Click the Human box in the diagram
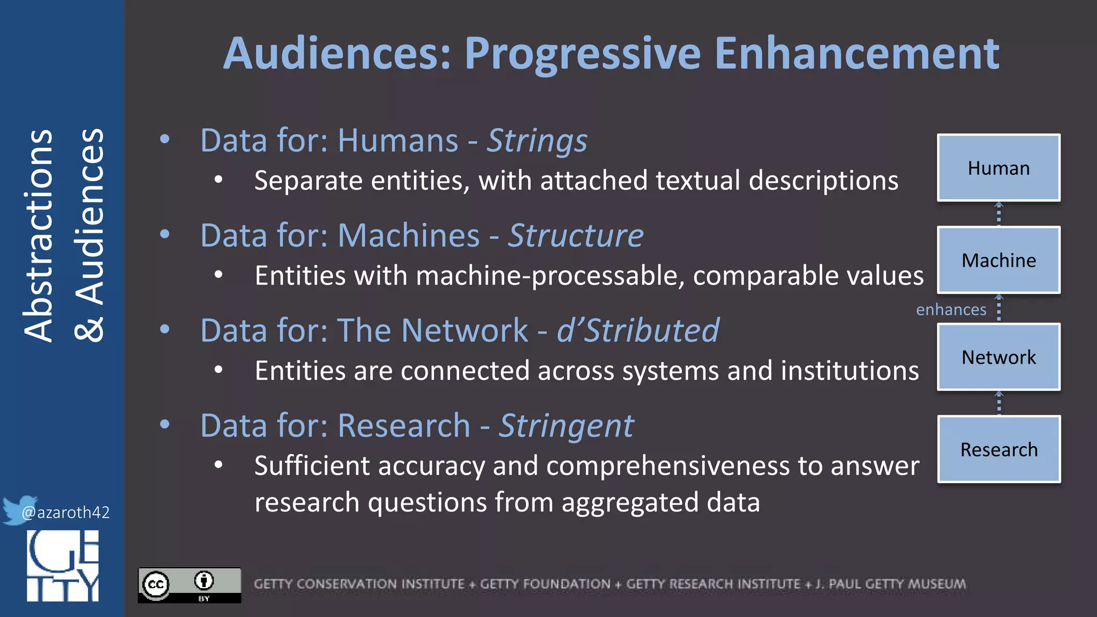pyautogui.click(x=998, y=168)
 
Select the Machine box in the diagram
pyautogui.click(x=998, y=260)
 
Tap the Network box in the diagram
pyautogui.click(x=998, y=357)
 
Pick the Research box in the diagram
pyautogui.click(x=998, y=449)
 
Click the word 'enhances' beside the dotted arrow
pyautogui.click(x=951, y=310)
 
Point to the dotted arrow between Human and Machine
pyautogui.click(x=998, y=214)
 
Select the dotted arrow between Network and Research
pyautogui.click(x=998, y=403)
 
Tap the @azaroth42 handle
pyautogui.click(x=65, y=513)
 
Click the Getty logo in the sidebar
pyautogui.click(x=63, y=566)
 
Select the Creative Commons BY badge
pyautogui.click(x=189, y=585)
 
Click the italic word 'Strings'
pyautogui.click(x=537, y=141)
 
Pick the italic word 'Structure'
pyautogui.click(x=575, y=236)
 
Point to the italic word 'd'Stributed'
pyautogui.click(x=637, y=330)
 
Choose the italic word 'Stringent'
pyautogui.click(x=566, y=426)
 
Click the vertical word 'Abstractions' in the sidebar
pyautogui.click(x=38, y=236)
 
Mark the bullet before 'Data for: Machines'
pyautogui.click(x=165, y=234)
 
